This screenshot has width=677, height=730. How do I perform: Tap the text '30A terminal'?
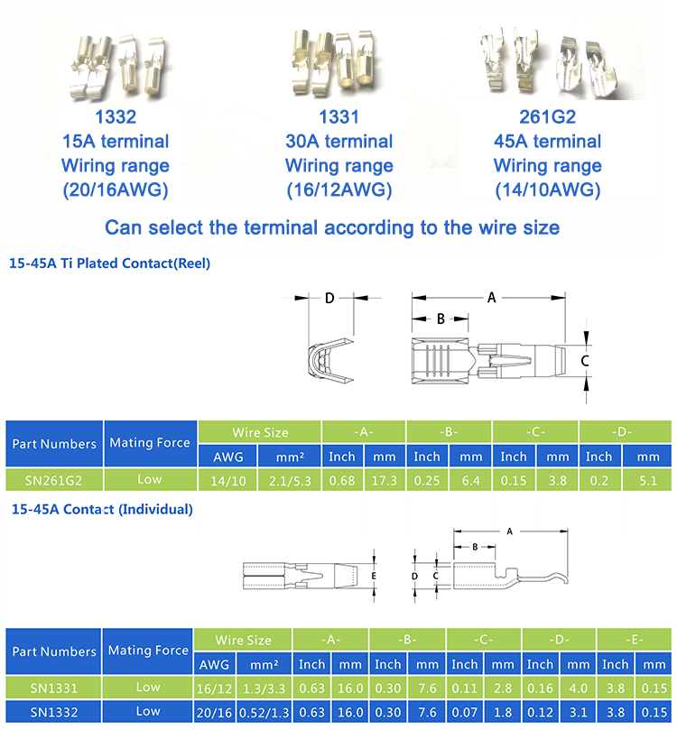[x=338, y=142]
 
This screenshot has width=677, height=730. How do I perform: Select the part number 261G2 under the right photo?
[x=547, y=116]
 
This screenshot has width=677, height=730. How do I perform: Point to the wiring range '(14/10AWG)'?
[x=547, y=190]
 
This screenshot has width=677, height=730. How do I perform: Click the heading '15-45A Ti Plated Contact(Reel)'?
[x=109, y=264]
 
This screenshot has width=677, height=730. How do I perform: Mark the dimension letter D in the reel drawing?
[x=329, y=298]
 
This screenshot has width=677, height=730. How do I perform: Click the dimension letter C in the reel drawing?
[x=584, y=360]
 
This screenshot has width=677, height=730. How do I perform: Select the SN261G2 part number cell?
[x=53, y=480]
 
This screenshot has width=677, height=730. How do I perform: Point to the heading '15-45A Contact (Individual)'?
[x=101, y=510]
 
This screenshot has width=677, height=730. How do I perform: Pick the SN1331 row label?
[x=53, y=688]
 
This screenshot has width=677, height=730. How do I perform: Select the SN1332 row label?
[x=53, y=712]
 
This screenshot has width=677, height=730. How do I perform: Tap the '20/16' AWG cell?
[x=215, y=712]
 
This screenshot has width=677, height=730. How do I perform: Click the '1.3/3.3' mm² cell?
[x=264, y=688]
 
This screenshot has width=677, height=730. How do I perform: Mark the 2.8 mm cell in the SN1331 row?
[x=503, y=688]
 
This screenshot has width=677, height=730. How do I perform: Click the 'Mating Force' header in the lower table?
[x=148, y=651]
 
